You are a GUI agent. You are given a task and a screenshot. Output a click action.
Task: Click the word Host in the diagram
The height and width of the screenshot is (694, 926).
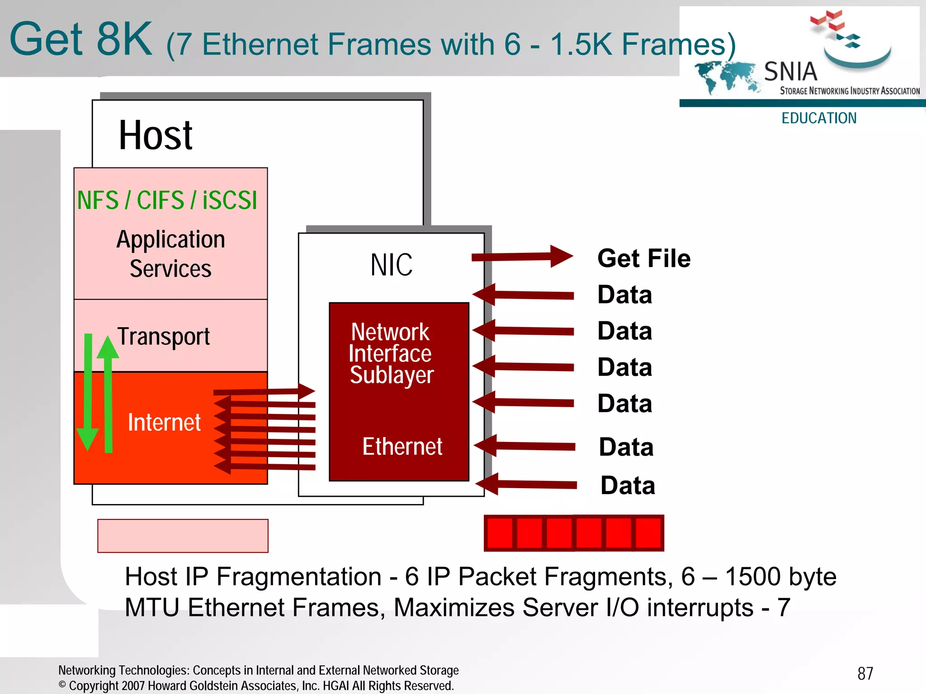tap(155, 135)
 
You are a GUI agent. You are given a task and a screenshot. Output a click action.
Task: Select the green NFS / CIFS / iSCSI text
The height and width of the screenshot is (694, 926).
tap(167, 200)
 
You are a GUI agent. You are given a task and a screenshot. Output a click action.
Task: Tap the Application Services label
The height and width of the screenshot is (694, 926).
tap(170, 254)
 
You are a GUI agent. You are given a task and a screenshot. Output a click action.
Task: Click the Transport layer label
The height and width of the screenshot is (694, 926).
tap(164, 337)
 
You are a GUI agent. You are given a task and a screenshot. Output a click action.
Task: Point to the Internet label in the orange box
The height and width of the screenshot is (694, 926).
tap(164, 423)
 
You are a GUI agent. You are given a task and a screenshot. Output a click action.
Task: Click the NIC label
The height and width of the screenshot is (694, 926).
tap(391, 265)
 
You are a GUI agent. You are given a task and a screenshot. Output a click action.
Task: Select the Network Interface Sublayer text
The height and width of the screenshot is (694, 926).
tap(391, 353)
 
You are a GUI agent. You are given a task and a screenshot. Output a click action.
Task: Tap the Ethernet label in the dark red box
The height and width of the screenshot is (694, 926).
tap(402, 447)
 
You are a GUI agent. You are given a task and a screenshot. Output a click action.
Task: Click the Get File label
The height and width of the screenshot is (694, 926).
tap(644, 258)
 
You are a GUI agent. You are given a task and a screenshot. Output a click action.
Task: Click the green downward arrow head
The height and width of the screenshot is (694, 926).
tap(87, 439)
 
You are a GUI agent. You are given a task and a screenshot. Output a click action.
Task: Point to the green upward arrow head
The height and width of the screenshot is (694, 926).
tap(108, 347)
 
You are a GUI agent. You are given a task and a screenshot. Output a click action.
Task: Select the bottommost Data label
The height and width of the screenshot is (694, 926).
tap(628, 485)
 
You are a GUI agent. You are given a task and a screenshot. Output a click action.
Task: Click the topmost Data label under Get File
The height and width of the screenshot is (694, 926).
tap(624, 295)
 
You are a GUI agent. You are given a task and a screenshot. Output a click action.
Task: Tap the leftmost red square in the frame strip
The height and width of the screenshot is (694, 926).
tap(500, 533)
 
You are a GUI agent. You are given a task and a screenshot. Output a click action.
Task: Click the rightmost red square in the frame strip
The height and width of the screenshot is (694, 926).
tap(648, 533)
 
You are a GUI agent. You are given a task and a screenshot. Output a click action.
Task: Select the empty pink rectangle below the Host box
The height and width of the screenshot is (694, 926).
tap(183, 536)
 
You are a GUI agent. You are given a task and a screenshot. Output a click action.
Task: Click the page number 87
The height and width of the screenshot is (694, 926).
tap(865, 674)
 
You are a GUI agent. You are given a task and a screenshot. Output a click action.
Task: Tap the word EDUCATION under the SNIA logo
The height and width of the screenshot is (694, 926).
tap(819, 118)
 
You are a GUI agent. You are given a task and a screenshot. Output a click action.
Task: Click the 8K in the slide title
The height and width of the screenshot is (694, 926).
tap(124, 39)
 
